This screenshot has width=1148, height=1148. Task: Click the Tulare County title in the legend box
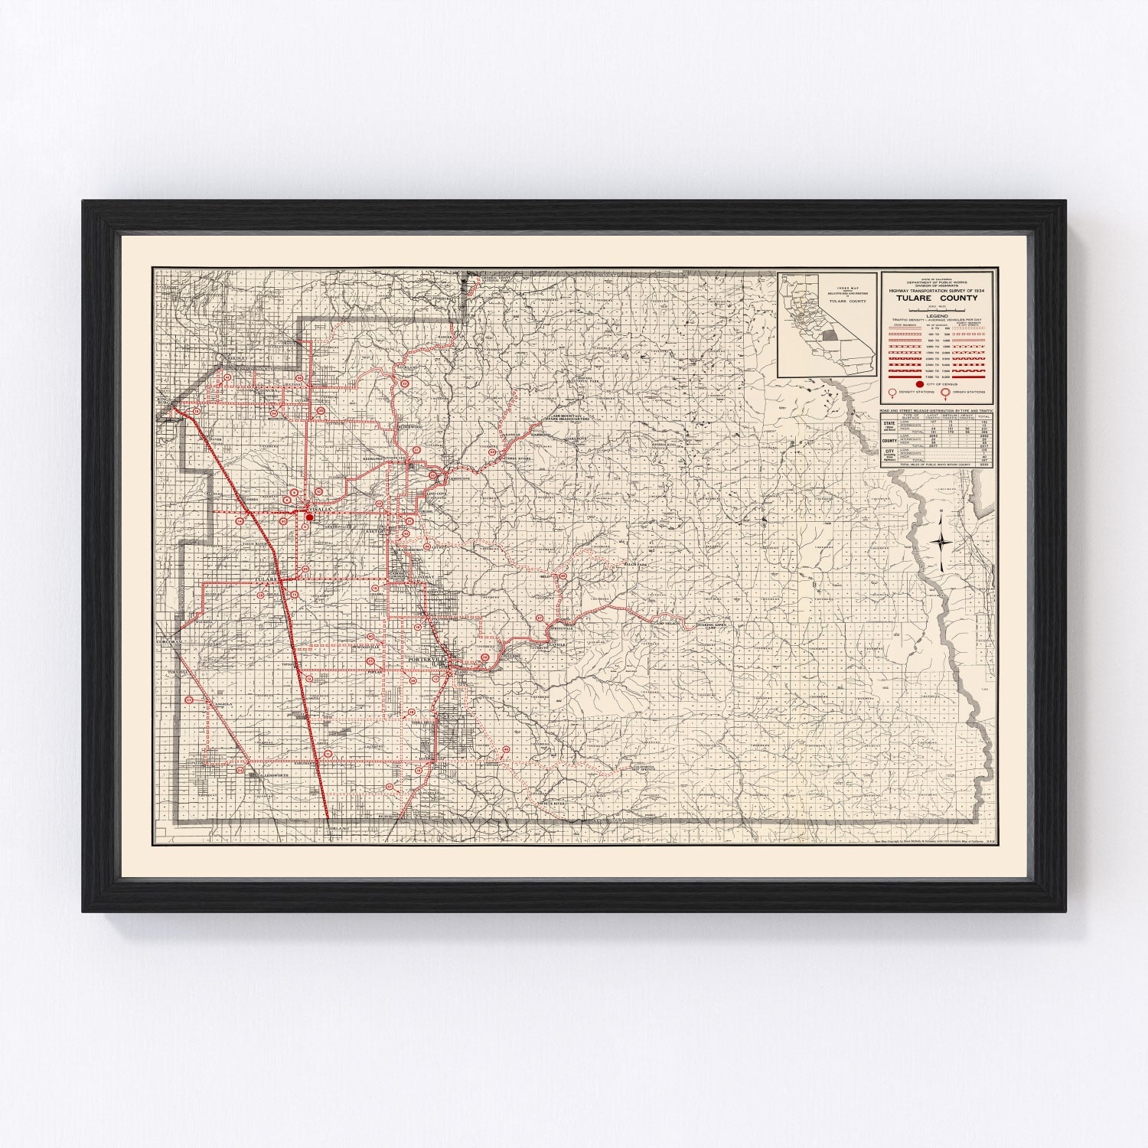coord(938,298)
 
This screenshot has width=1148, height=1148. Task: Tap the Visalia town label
coord(319,509)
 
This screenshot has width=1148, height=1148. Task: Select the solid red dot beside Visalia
coord(309,517)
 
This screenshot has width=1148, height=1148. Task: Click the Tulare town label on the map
coord(266,579)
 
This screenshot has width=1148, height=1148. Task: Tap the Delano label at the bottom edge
coord(338,829)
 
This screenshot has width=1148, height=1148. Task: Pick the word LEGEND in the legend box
coord(938,315)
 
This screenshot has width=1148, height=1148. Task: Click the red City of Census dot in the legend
coord(920,384)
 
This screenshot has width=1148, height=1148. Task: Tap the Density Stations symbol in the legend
coord(892,393)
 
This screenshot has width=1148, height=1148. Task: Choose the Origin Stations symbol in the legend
coord(946,393)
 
